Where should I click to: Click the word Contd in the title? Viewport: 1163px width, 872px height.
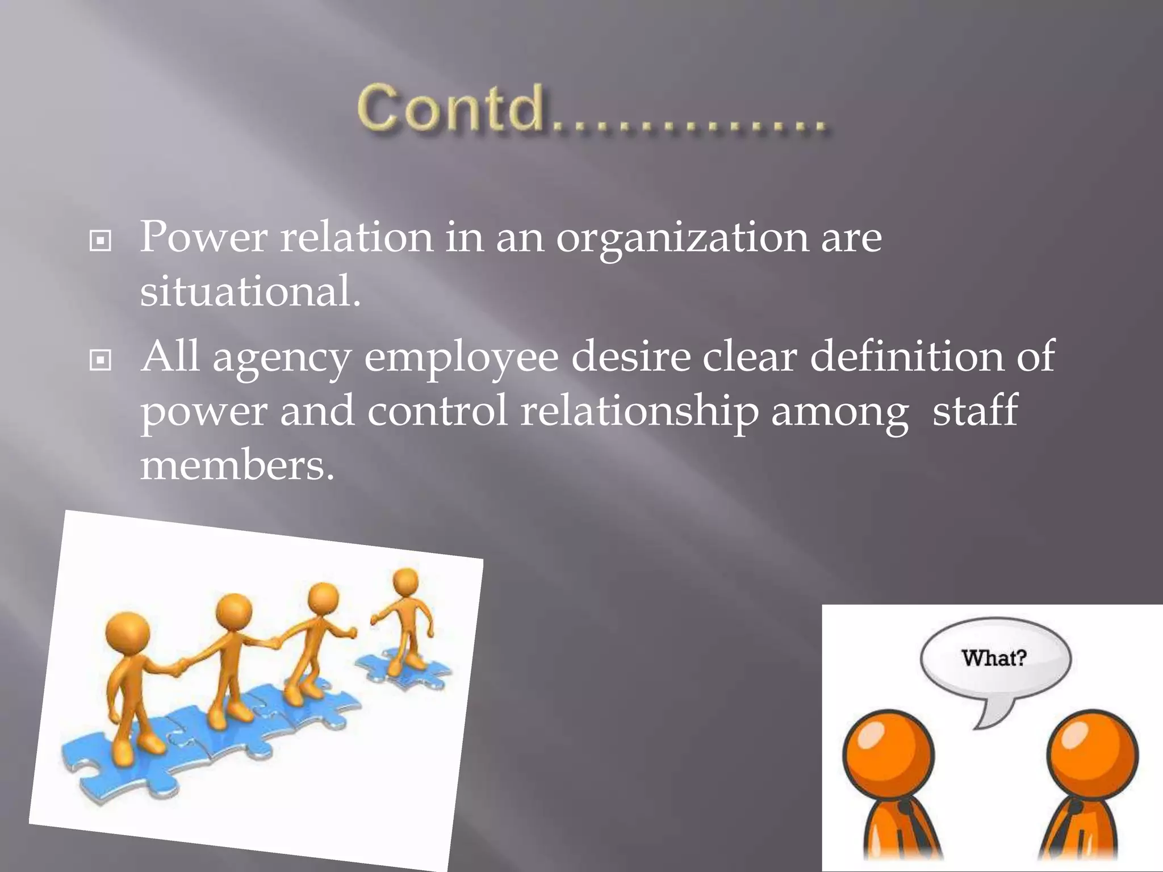451,108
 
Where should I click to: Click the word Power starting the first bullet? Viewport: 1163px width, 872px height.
203,237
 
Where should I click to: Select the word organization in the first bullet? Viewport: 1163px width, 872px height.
682,238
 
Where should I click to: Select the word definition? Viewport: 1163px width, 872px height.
907,356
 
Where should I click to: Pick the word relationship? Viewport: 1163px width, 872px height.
639,412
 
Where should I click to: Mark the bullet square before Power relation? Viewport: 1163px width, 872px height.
101,241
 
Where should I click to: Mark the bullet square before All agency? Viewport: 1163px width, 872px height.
101,360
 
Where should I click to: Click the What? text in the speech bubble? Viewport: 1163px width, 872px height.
994,658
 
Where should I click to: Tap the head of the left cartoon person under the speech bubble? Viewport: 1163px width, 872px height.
888,756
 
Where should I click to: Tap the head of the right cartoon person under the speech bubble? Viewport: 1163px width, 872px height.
1092,756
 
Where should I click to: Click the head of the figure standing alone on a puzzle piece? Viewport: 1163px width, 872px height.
405,582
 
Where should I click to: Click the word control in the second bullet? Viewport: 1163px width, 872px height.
437,411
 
